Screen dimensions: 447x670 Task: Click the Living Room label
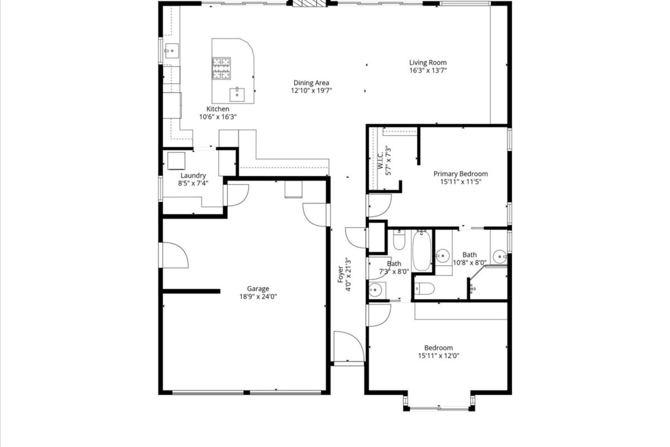click(x=428, y=63)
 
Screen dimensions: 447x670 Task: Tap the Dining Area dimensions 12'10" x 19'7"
click(x=311, y=91)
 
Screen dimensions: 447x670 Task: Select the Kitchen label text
click(x=218, y=109)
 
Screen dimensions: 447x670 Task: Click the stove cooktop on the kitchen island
click(x=221, y=68)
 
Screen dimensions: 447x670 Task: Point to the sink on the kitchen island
click(x=237, y=94)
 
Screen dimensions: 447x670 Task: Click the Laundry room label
click(x=193, y=175)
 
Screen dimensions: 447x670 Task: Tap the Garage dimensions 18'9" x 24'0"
click(x=258, y=297)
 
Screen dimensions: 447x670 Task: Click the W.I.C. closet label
click(x=380, y=160)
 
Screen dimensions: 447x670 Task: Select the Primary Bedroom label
click(x=460, y=174)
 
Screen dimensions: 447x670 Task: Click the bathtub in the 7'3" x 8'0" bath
click(x=422, y=250)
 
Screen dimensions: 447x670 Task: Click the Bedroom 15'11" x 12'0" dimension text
click(x=438, y=356)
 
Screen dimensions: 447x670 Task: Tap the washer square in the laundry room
click(x=176, y=161)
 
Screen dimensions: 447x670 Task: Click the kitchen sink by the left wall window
click(x=172, y=51)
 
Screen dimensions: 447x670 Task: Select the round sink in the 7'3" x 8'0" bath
click(x=376, y=290)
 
